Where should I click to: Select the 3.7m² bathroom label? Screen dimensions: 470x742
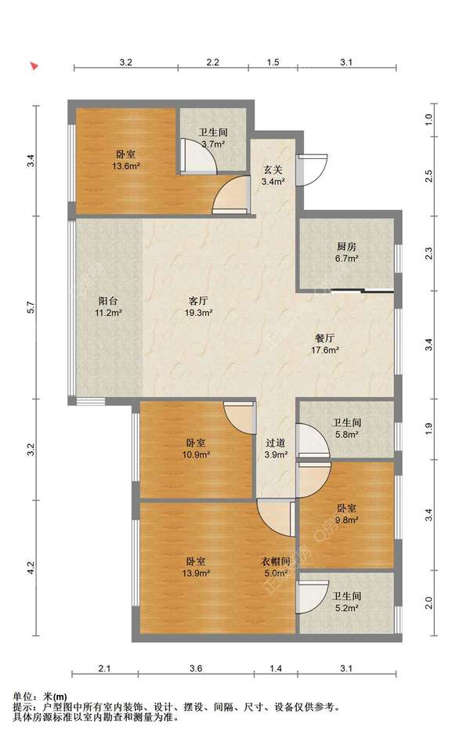[x=212, y=138]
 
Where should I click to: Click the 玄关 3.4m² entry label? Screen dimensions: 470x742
[x=273, y=175]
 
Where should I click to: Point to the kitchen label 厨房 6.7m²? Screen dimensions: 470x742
[x=346, y=252]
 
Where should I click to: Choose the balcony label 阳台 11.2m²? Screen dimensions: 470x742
[x=108, y=306]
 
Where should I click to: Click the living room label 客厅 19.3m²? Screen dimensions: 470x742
[x=198, y=306]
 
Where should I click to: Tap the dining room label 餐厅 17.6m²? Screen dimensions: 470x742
[x=325, y=344]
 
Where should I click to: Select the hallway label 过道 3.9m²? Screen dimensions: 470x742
[x=276, y=449]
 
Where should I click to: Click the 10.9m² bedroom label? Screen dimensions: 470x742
[x=197, y=449]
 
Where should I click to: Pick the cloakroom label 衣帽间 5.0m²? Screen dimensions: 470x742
[x=276, y=567]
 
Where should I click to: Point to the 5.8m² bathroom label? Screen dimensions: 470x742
[x=346, y=429]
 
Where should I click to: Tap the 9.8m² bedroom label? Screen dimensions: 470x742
[x=346, y=513]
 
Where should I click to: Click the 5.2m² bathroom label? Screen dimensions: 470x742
[x=346, y=602]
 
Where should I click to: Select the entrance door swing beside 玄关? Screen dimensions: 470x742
[x=313, y=169]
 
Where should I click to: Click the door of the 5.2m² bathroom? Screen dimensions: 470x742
[x=313, y=596]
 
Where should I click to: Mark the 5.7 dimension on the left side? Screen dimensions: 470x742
[x=31, y=307]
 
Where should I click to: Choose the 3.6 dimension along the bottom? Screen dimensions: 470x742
[x=196, y=668]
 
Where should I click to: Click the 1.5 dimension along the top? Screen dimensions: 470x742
[x=273, y=62]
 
